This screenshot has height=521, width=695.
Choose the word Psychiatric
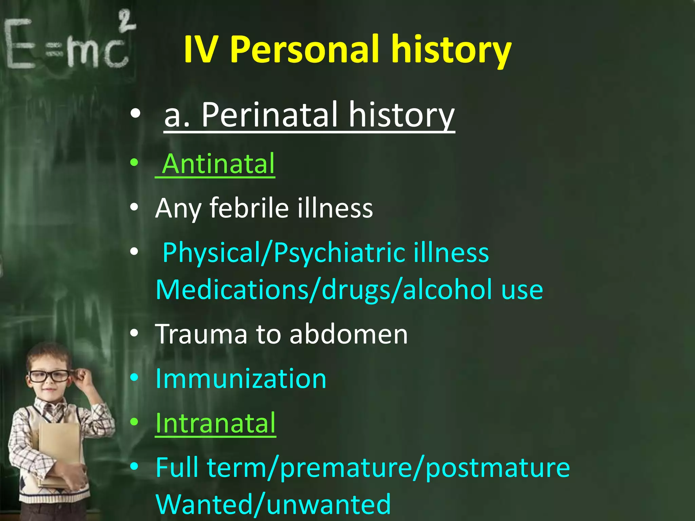point(339,253)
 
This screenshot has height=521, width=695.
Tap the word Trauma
point(201,334)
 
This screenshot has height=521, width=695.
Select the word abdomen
point(349,334)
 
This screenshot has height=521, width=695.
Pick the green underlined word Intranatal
point(215,423)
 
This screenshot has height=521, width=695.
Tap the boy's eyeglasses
point(49,376)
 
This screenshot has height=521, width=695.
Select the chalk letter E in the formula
point(20,44)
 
